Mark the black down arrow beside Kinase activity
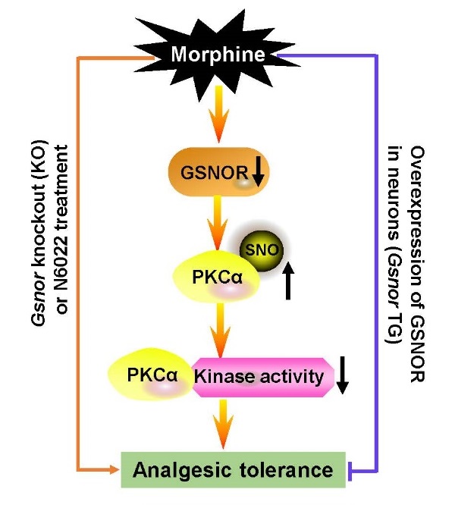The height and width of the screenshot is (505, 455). click(343, 376)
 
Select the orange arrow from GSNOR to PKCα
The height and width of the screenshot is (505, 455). click(218, 220)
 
